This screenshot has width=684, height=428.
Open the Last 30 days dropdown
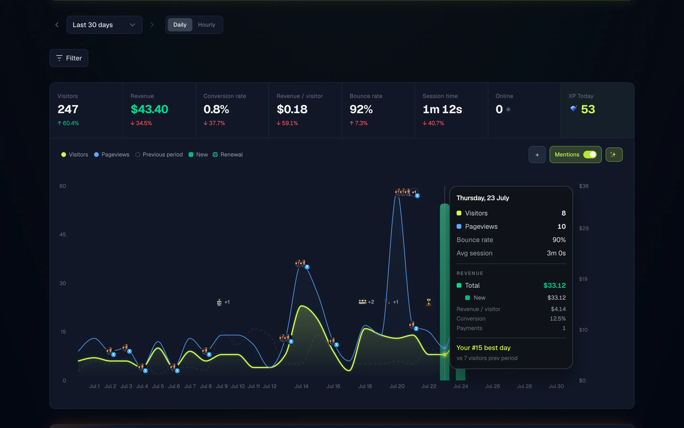tap(104, 25)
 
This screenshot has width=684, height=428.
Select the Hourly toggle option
tap(207, 25)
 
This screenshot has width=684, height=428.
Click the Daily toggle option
tap(180, 25)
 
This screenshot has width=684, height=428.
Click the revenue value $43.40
tap(149, 109)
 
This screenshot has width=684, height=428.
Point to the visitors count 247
tap(68, 109)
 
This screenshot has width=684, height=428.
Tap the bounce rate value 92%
tap(361, 109)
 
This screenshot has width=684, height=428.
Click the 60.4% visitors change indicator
tap(68, 123)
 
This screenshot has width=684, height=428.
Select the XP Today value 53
tap(588, 109)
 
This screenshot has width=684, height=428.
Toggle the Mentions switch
tap(590, 155)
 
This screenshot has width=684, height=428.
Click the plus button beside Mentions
tap(537, 155)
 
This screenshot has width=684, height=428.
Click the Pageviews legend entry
tap(112, 155)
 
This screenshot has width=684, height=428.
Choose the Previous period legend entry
tap(159, 155)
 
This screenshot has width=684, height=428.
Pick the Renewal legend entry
tap(228, 155)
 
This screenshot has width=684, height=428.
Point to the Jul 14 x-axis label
tap(301, 386)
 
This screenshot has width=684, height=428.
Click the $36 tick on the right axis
tap(584, 186)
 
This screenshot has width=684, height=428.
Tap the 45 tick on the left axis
tap(63, 234)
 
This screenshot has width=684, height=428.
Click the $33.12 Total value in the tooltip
tap(554, 285)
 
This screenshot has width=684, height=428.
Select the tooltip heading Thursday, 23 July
tap(483, 198)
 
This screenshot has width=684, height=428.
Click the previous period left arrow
tap(57, 25)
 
